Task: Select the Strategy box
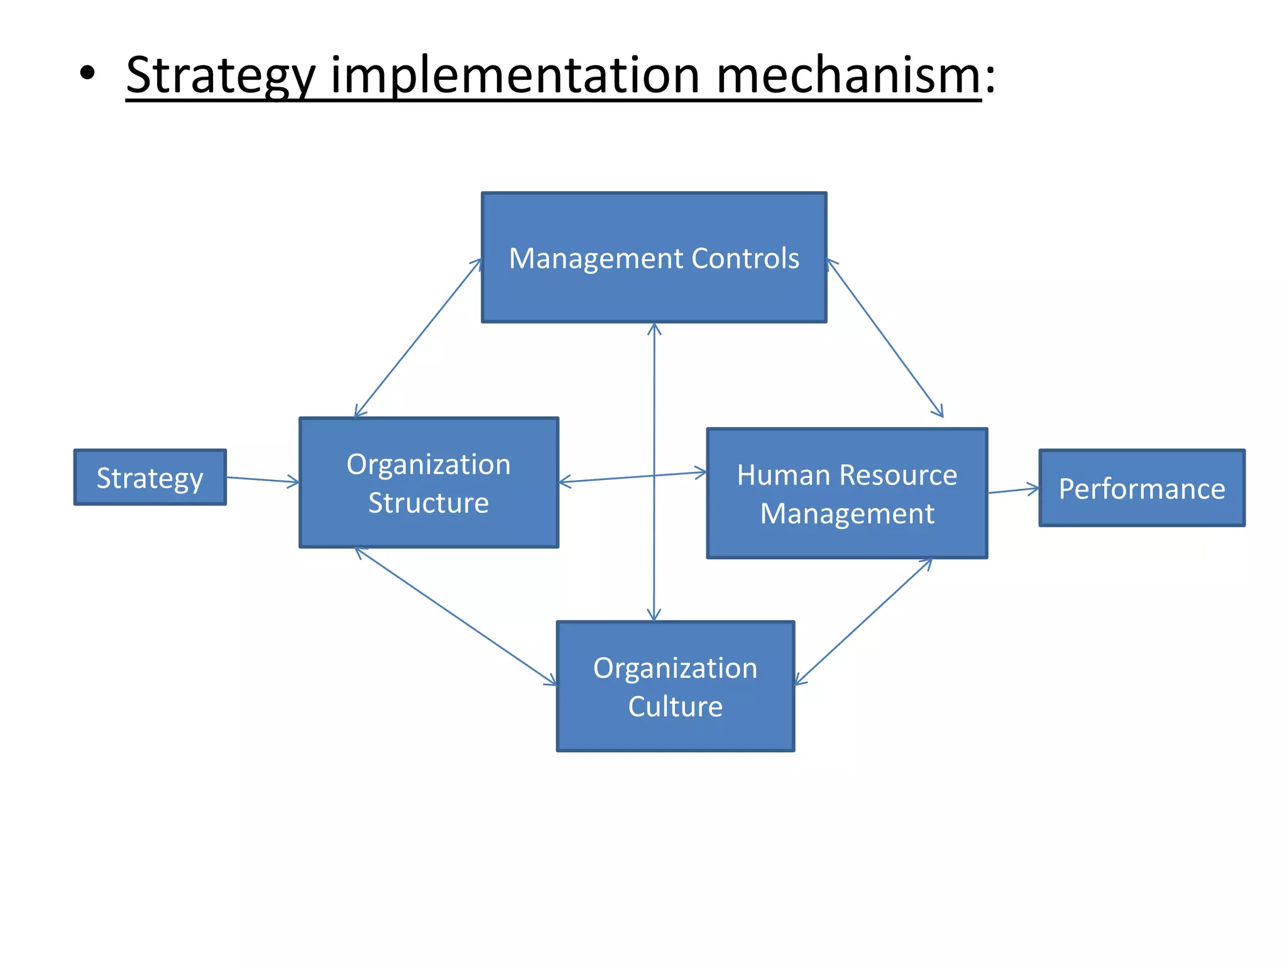click(x=150, y=477)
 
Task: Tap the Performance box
click(x=1141, y=488)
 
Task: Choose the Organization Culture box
click(x=675, y=686)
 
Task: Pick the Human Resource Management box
click(x=846, y=494)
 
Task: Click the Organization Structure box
click(x=429, y=482)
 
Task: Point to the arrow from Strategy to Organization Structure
click(x=263, y=481)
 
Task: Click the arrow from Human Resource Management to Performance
click(x=1013, y=490)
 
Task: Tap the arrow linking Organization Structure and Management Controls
click(x=418, y=338)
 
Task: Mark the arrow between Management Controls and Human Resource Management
click(x=885, y=338)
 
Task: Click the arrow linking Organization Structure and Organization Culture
click(x=456, y=616)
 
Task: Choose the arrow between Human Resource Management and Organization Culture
click(x=863, y=621)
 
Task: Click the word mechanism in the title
click(x=848, y=75)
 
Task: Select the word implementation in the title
click(x=515, y=75)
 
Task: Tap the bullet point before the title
click(x=88, y=74)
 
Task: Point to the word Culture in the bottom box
click(x=675, y=706)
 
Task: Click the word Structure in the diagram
click(x=429, y=503)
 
